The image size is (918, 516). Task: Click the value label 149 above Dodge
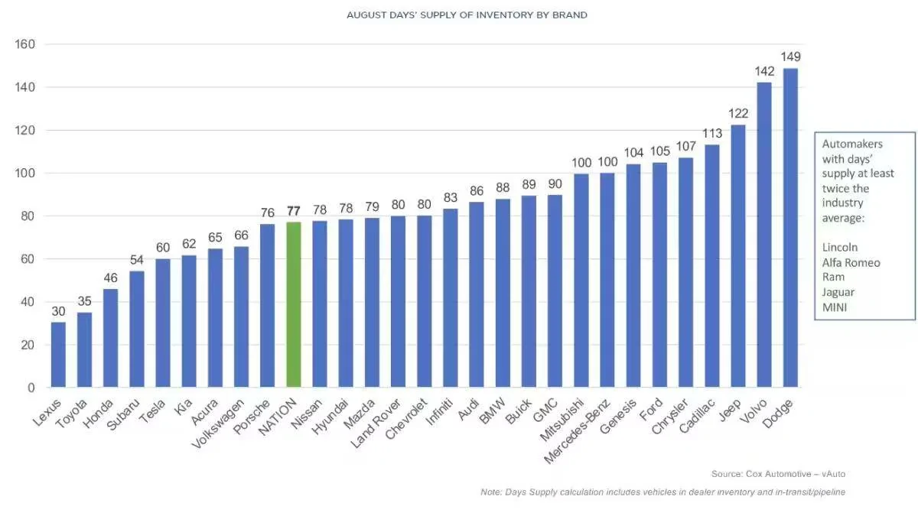point(790,57)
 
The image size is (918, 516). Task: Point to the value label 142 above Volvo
point(764,72)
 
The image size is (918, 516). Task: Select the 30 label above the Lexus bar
point(58,312)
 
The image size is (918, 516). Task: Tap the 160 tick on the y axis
point(26,44)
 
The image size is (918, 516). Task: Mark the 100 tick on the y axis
point(26,174)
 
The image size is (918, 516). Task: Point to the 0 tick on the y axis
point(32,388)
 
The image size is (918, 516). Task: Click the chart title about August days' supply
point(467,15)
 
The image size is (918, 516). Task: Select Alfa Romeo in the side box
point(851,262)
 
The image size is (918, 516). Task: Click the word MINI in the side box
point(835,307)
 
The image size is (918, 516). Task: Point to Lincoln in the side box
point(840,248)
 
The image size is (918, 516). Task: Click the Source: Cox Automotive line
point(778,474)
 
